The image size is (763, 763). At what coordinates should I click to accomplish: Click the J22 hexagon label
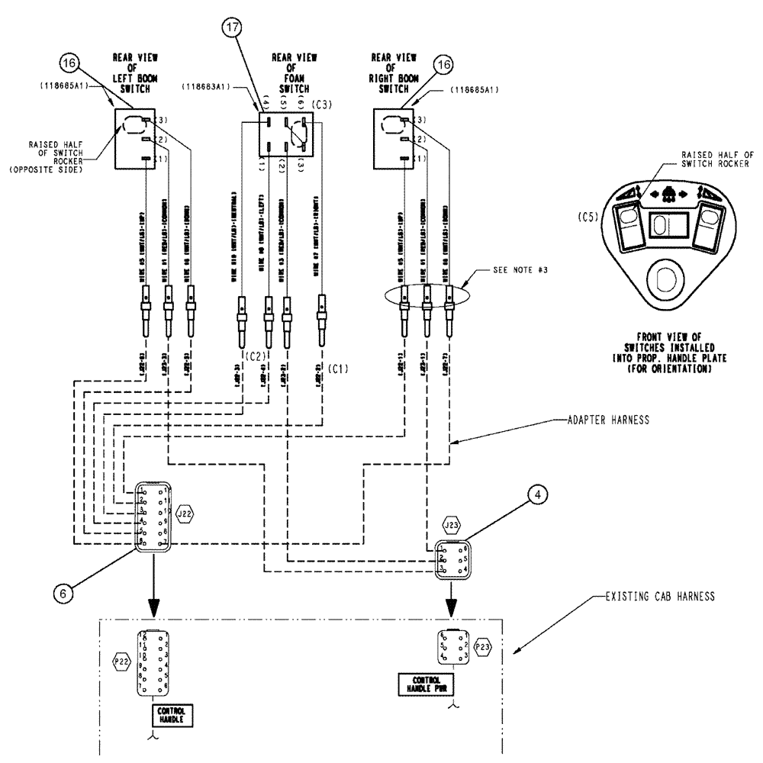[x=185, y=512]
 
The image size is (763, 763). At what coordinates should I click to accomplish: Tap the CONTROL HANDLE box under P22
[x=169, y=715]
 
